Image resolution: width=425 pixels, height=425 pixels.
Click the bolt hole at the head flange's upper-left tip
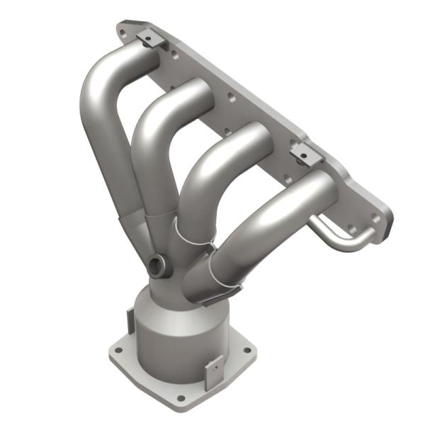click(x=125, y=30)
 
